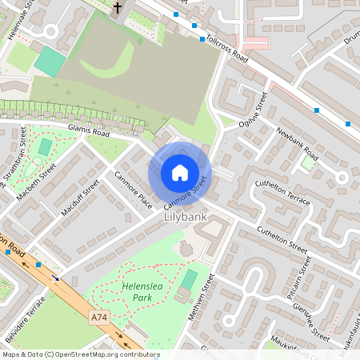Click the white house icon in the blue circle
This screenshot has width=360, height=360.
(x=180, y=173)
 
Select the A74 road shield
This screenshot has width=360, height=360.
(x=99, y=318)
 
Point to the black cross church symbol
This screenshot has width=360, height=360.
(x=118, y=9)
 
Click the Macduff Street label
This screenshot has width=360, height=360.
(x=80, y=198)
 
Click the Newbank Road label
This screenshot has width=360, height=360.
(x=298, y=143)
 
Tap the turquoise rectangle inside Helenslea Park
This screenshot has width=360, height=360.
(x=189, y=280)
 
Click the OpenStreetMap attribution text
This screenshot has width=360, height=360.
(x=81, y=354)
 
